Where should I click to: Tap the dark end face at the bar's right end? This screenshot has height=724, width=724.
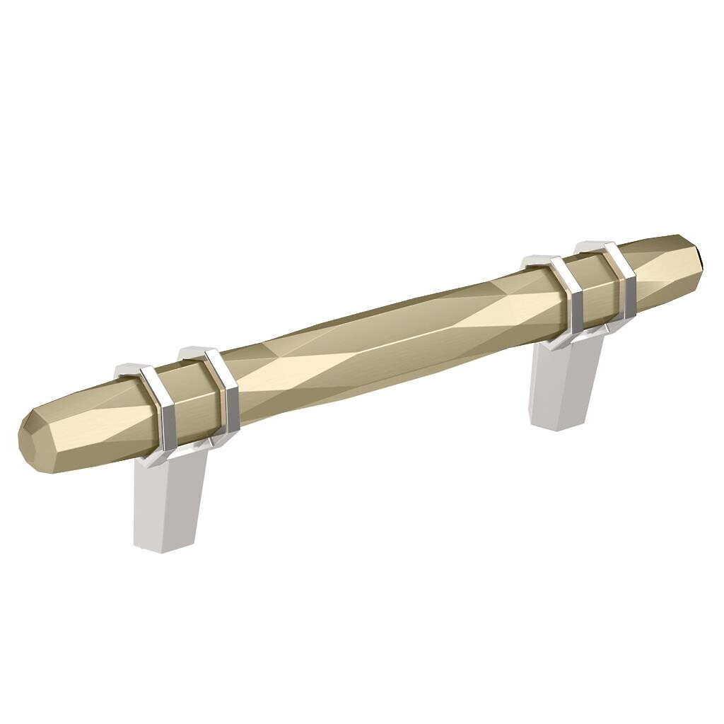[699, 254]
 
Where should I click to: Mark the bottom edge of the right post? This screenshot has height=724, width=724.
[559, 426]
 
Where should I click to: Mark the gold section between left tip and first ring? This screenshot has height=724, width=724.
[92, 424]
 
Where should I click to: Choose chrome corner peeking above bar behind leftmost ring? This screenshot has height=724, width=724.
[127, 369]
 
